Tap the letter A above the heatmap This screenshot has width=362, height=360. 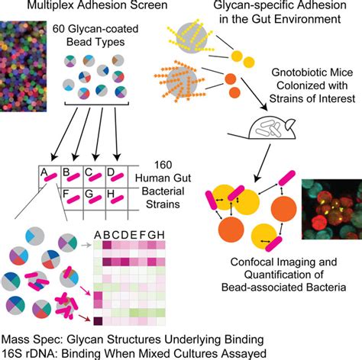98,235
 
